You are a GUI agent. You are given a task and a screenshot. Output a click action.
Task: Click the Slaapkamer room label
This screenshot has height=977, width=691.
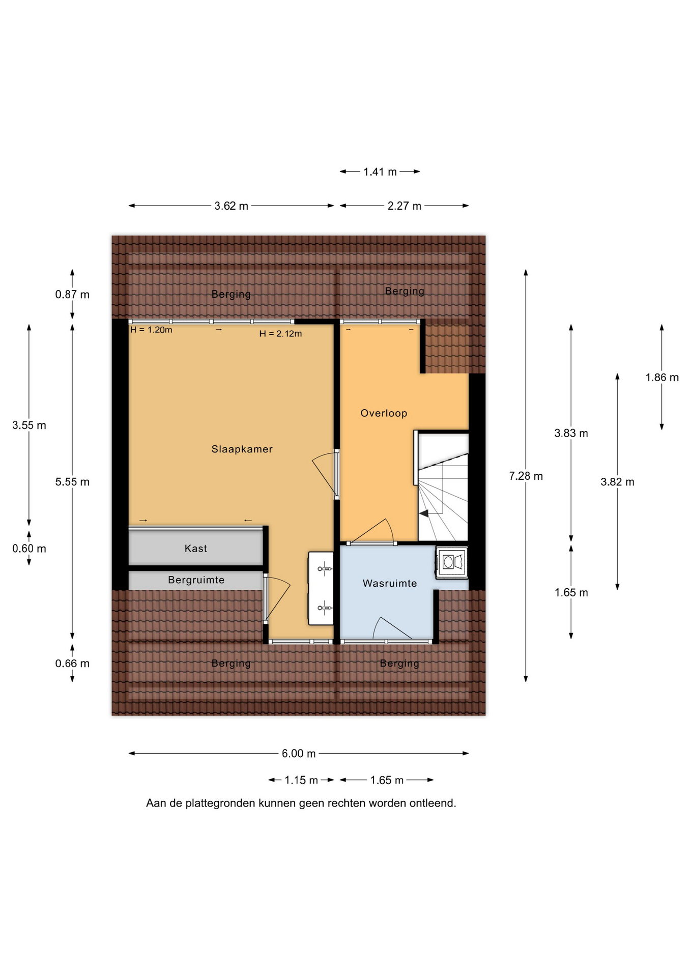242,449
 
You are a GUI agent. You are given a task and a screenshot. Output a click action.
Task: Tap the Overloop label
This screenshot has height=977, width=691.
384,413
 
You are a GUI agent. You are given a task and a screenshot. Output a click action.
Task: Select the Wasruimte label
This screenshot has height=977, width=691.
390,584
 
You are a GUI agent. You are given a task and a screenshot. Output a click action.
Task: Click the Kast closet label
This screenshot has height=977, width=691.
196,549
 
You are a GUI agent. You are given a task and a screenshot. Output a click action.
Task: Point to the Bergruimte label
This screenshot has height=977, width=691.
196,580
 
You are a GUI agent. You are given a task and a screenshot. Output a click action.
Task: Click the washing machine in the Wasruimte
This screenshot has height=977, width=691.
452,562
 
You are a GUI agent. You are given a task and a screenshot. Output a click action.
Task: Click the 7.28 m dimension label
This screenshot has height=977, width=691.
526,476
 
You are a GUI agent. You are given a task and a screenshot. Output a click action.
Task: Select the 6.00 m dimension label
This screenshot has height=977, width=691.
299,754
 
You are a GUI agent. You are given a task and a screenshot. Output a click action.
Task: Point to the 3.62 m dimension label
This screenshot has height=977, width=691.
232,206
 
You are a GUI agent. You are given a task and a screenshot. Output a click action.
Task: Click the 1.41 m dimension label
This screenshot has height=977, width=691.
380,172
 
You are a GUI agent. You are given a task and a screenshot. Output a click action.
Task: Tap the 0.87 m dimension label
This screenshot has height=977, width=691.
72,295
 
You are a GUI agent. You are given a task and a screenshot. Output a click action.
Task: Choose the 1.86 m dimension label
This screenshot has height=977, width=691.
662,378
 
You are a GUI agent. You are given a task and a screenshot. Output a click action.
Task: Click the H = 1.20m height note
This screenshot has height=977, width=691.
151,330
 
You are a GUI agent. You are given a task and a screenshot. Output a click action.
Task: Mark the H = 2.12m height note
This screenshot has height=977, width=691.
280,334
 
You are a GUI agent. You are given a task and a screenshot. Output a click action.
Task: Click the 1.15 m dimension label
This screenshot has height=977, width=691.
301,780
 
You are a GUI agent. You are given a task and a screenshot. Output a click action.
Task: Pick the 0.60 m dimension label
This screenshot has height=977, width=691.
29,549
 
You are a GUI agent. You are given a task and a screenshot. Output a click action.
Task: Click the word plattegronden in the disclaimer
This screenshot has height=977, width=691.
221,803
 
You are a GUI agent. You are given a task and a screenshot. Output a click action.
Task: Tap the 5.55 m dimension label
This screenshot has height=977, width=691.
72,482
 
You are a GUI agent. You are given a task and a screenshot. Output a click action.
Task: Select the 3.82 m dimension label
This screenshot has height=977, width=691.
617,482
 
